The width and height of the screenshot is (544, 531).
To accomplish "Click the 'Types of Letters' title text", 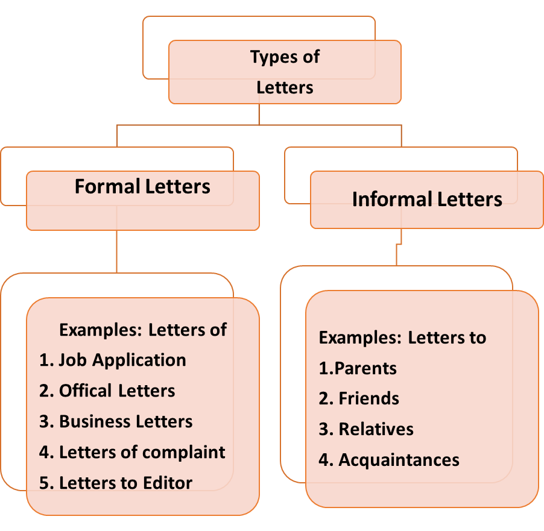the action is [285, 72].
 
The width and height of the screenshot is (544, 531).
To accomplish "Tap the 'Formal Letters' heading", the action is [142, 186].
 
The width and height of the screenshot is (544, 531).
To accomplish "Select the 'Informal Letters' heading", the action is [427, 199].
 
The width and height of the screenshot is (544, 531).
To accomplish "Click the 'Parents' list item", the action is [358, 368].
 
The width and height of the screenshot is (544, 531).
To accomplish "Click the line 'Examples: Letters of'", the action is [143, 330].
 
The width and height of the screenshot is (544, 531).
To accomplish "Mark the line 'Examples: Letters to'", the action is [402, 337].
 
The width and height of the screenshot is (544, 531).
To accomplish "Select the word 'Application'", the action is [147, 360].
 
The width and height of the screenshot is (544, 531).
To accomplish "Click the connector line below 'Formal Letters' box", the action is [116, 251].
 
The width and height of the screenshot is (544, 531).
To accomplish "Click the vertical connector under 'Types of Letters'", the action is [259, 114].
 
